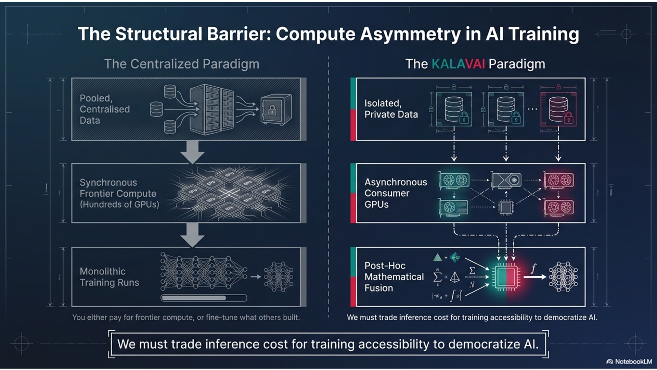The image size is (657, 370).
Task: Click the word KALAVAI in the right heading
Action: (458, 64)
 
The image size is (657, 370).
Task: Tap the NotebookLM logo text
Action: (633, 361)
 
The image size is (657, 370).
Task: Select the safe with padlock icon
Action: (276, 109)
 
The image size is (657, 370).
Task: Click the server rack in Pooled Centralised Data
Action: (211, 109)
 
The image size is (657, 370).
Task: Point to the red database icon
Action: (558, 109)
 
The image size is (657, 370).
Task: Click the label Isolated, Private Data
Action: (391, 109)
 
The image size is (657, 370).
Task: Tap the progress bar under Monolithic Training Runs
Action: (204, 298)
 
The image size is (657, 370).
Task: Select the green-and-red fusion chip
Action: (506, 277)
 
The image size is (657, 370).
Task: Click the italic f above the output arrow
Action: (533, 269)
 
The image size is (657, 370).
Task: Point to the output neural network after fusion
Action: (563, 277)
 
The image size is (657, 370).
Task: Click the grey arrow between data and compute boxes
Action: (192, 152)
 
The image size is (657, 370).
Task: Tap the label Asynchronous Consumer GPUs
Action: (395, 193)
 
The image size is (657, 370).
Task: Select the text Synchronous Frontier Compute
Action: (118, 188)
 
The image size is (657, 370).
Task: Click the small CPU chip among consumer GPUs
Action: (506, 207)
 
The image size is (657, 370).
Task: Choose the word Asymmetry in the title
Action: (410, 34)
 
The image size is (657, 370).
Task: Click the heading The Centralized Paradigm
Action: (182, 64)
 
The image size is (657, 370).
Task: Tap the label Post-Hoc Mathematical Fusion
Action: (394, 277)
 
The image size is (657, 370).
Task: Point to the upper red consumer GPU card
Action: (559, 180)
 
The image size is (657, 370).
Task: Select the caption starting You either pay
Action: (186, 318)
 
